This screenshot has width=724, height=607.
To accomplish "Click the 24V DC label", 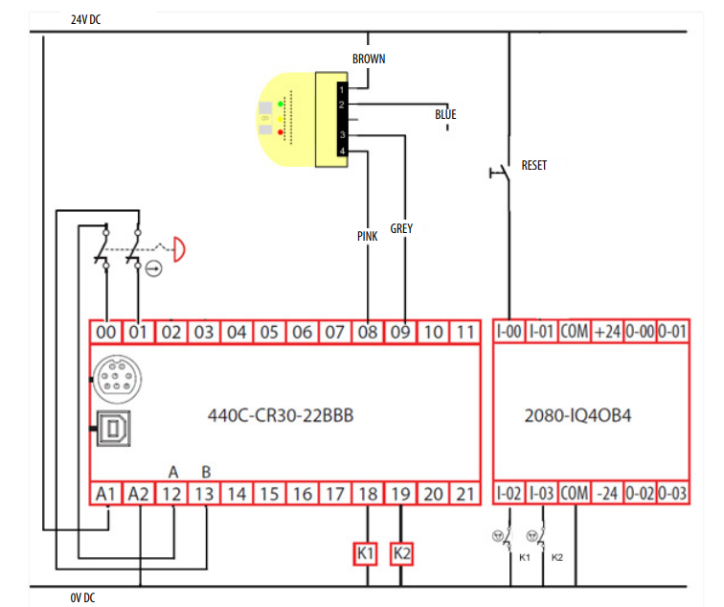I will point(85,20).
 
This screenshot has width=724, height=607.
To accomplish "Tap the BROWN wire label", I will point(369,58).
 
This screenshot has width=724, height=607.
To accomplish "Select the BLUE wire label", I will point(445,115).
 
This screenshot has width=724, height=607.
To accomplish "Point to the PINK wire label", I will point(367,236).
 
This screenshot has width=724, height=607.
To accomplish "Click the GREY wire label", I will point(401,230).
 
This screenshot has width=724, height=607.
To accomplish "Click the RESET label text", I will point(534,166).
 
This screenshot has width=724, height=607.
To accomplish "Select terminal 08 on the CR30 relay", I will point(367,333).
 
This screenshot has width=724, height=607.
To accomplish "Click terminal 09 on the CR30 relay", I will point(400,333).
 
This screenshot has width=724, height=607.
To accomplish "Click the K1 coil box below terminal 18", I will point(368,553).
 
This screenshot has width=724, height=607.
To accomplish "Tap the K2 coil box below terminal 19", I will point(402,553).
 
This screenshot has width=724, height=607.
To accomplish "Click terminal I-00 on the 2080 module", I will point(509,333).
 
